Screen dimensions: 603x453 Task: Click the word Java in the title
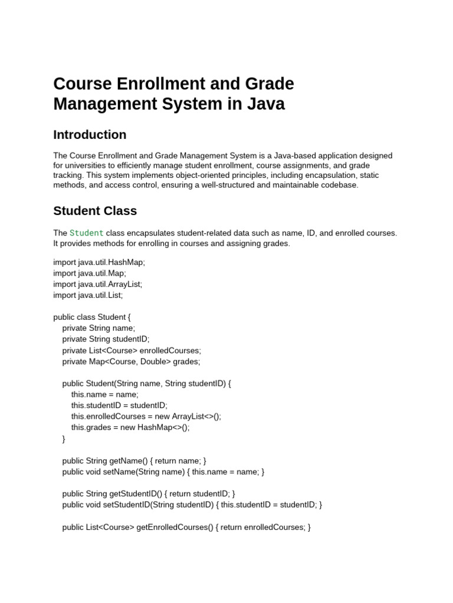pos(265,104)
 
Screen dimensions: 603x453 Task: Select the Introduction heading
pos(90,135)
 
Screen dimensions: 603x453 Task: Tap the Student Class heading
pos(95,211)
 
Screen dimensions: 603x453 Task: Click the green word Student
pos(87,233)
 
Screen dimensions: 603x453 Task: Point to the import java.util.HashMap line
pos(99,263)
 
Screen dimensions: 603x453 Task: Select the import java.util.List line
pos(88,295)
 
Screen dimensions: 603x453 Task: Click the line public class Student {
pos(92,317)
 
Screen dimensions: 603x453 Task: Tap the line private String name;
pos(99,328)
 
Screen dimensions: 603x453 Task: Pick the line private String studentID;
pos(106,339)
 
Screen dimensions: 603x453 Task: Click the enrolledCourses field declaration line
pos(132,350)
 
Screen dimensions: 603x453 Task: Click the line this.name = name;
pos(104,395)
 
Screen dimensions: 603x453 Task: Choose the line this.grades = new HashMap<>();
pos(130,428)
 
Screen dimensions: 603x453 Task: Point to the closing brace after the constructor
pos(64,439)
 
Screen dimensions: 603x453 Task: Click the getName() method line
pos(134,461)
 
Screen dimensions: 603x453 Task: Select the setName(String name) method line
pos(163,472)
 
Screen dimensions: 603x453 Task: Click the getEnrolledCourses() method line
pos(186,528)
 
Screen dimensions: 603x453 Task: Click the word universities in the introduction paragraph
pos(87,165)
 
